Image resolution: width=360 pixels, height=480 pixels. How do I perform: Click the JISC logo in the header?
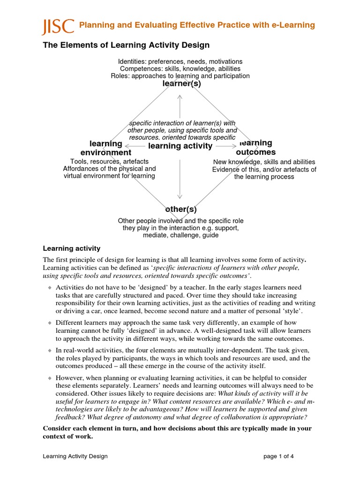pos(58,26)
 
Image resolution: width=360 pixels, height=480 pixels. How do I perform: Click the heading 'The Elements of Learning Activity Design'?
pos(126,45)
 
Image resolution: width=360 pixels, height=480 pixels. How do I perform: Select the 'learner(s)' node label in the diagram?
pos(181,83)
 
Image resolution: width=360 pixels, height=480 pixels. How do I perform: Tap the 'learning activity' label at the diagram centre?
pos(180,146)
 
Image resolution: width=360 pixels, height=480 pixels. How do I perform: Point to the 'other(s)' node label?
pos(180,210)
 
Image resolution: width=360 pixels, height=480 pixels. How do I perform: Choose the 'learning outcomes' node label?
pos(255,148)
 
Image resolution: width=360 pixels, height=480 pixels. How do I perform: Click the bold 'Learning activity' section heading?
pos(72,248)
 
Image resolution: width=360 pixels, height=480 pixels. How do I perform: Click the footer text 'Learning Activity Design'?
pos(75,456)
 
